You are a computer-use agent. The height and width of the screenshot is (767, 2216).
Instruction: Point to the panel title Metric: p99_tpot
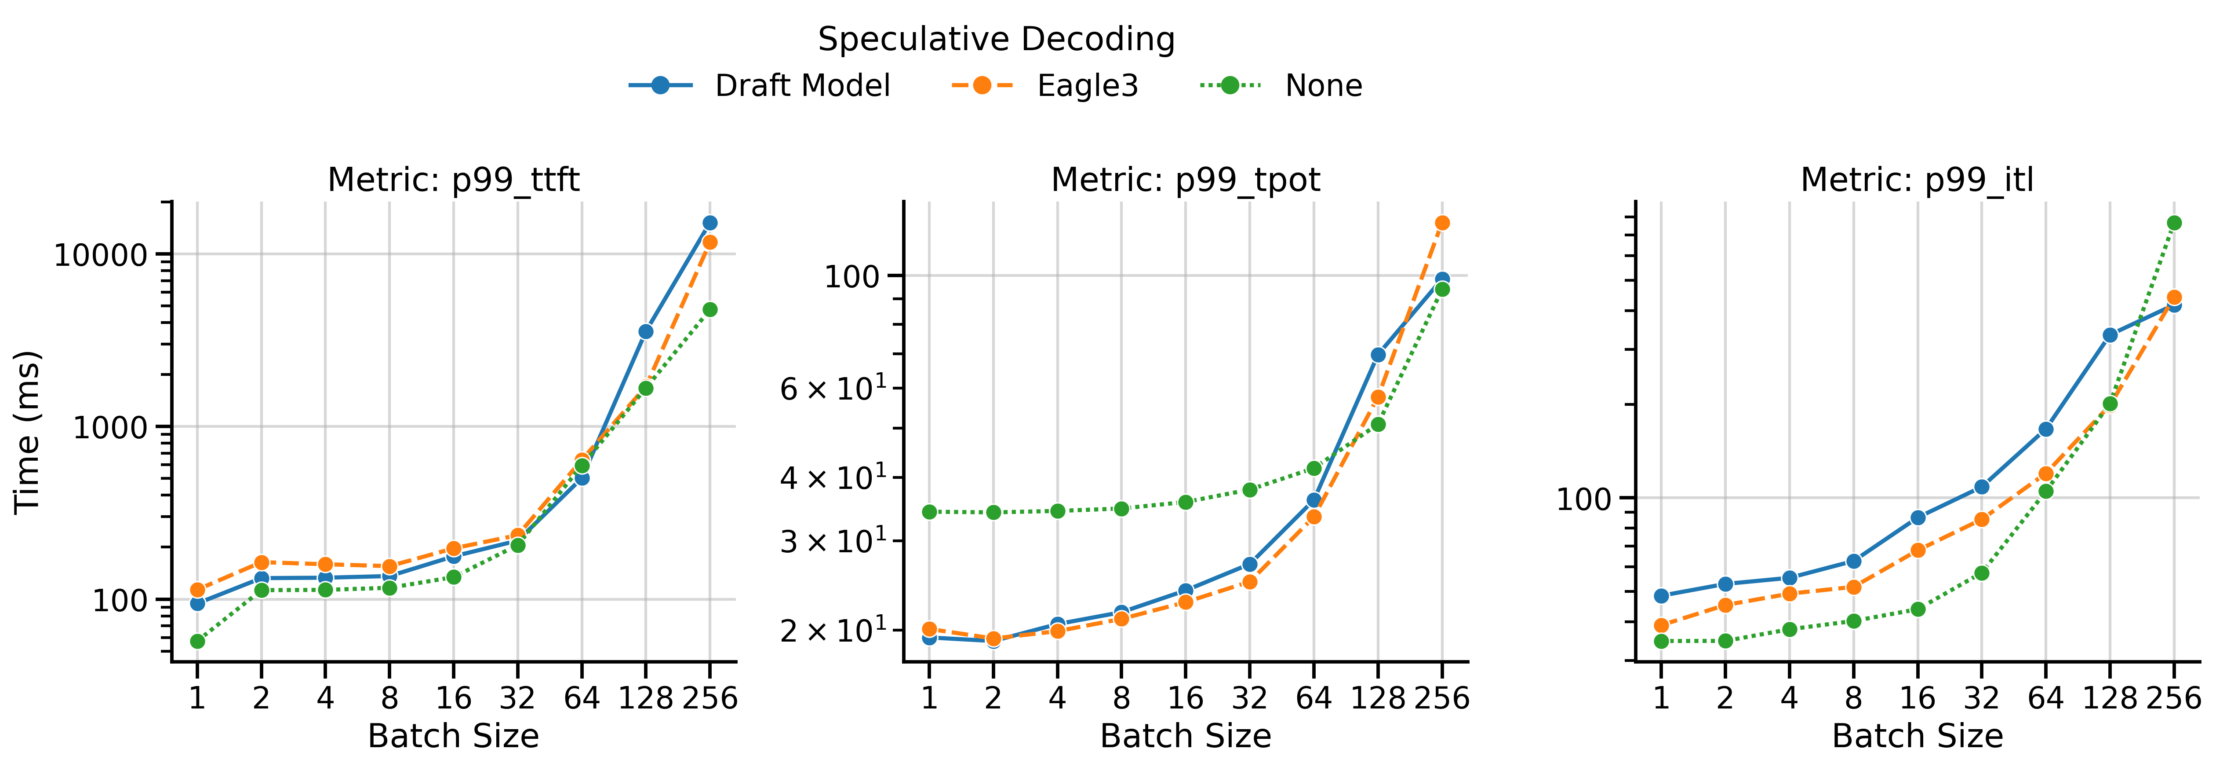point(1186,180)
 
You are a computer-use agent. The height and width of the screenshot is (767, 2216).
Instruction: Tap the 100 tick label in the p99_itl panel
point(1583,499)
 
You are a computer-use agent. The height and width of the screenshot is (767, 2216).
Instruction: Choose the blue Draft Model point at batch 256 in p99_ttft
point(710,223)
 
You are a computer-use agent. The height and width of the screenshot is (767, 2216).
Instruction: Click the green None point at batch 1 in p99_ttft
point(197,641)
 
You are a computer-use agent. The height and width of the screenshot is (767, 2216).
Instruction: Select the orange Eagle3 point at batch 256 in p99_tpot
point(1443,223)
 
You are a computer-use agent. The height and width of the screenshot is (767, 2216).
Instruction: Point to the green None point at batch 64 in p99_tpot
point(1314,468)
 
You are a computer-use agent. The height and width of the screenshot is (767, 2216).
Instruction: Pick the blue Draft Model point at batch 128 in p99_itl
point(2110,335)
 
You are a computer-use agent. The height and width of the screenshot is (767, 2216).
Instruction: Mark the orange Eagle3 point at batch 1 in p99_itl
point(1661,626)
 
